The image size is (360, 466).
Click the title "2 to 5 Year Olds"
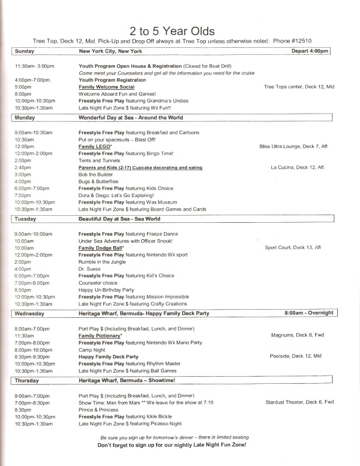[x=180, y=30]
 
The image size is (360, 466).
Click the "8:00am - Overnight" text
[x=309, y=313]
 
